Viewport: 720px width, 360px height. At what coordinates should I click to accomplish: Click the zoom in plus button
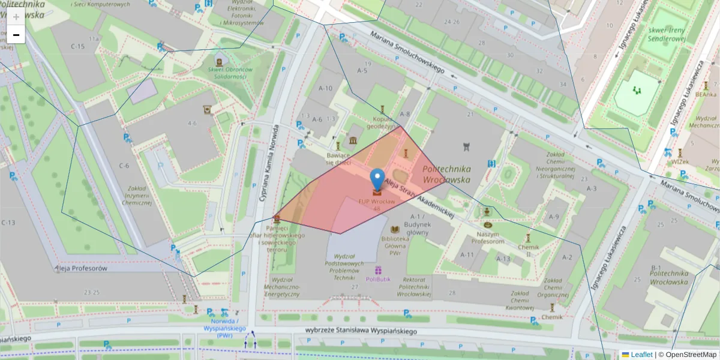pyautogui.click(x=16, y=17)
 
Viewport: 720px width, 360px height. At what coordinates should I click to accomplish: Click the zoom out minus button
pyautogui.click(x=16, y=35)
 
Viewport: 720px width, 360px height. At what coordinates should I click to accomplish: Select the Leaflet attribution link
pyautogui.click(x=641, y=355)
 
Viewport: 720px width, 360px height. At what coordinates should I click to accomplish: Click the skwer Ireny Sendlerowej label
pyautogui.click(x=666, y=35)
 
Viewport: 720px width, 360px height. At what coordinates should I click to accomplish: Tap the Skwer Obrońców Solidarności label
pyautogui.click(x=220, y=73)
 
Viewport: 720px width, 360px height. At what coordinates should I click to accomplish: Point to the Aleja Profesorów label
pyautogui.click(x=81, y=268)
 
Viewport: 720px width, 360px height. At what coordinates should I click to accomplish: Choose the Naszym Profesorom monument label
pyautogui.click(x=487, y=237)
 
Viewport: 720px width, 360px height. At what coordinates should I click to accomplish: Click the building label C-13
pyautogui.click(x=8, y=223)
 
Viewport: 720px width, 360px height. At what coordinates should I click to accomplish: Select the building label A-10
pyautogui.click(x=325, y=88)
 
